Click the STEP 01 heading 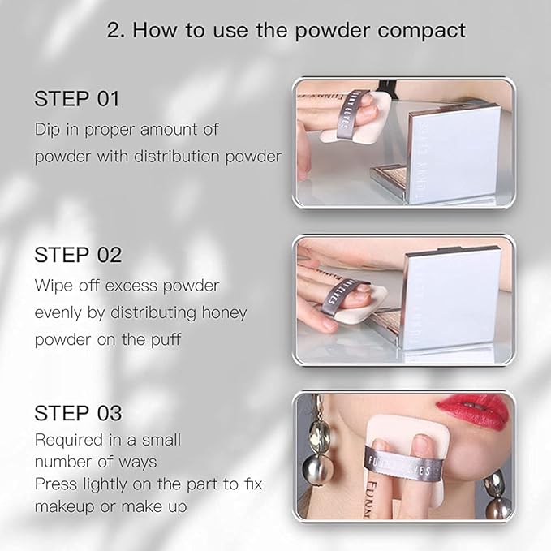(77, 98)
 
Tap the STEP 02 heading (78, 255)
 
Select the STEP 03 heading (78, 413)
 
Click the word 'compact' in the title (422, 31)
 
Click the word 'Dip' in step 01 (47, 130)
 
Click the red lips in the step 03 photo (473, 411)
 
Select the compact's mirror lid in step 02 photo (454, 299)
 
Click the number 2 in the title (114, 30)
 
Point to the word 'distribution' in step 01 (177, 157)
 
